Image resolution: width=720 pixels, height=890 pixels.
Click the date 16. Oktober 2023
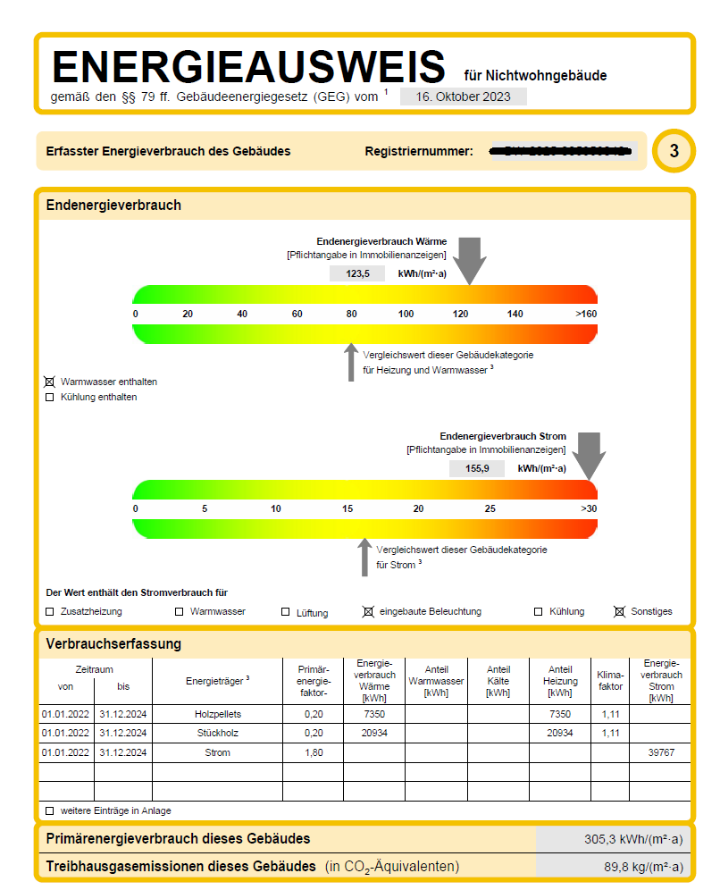click(463, 97)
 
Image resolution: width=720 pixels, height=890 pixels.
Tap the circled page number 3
click(674, 152)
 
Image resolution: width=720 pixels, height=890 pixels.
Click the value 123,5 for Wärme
click(356, 273)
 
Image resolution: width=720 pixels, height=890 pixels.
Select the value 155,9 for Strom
click(477, 468)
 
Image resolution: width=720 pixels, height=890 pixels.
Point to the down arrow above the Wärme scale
click(469, 259)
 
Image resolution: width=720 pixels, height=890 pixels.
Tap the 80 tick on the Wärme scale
click(352, 314)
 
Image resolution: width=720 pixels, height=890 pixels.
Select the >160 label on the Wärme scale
click(585, 314)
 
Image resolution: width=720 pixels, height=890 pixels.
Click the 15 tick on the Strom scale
click(347, 508)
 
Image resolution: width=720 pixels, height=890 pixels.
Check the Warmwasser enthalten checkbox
click(50, 382)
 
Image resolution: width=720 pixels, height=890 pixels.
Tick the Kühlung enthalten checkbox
click(50, 398)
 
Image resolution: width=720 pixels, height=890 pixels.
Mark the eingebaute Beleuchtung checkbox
click(367, 612)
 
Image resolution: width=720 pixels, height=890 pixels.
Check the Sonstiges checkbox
click(619, 612)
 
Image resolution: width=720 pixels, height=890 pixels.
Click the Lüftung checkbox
click(286, 612)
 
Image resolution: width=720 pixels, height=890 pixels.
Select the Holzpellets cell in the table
click(217, 714)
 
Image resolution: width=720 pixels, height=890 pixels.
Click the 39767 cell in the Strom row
click(661, 752)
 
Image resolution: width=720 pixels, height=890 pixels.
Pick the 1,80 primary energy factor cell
click(313, 752)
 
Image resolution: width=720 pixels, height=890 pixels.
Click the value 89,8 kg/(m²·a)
click(643, 867)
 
